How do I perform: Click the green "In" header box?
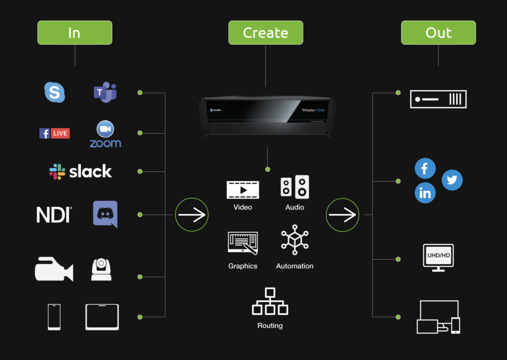[75, 33]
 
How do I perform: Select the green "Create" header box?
[265, 33]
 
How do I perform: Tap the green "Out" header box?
[438, 33]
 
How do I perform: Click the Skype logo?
[54, 92]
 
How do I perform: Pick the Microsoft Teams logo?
[105, 93]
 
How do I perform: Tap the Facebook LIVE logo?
[54, 133]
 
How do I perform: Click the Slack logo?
[80, 171]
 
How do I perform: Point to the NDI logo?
[54, 214]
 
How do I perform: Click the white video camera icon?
[54, 269]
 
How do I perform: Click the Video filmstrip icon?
[243, 189]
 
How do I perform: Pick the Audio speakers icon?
[295, 187]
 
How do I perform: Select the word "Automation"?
[295, 266]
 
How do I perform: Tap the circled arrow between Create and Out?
[342, 214]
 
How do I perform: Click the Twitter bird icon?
[452, 180]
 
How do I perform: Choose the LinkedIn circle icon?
[425, 193]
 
